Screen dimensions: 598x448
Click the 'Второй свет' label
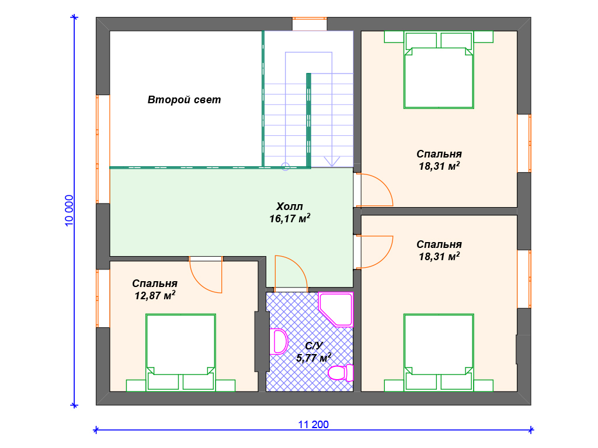(x=184, y=100)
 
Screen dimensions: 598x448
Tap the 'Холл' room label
(x=290, y=206)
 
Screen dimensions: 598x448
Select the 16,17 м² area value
(x=290, y=219)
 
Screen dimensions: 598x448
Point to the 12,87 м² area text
(x=155, y=295)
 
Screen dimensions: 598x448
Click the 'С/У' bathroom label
(x=314, y=346)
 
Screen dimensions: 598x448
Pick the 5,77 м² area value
(x=314, y=358)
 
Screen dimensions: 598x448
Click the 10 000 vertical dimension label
(x=69, y=211)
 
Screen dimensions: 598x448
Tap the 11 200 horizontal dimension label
(x=313, y=425)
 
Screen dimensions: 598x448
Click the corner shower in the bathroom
(x=336, y=309)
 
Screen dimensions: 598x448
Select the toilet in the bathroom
(x=340, y=373)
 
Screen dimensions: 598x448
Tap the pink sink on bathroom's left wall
(x=279, y=341)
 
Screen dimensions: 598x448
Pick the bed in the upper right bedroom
(x=439, y=70)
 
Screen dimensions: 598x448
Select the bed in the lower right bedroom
(x=439, y=353)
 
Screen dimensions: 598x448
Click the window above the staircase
(x=310, y=23)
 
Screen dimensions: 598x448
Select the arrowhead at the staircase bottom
(x=332, y=162)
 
